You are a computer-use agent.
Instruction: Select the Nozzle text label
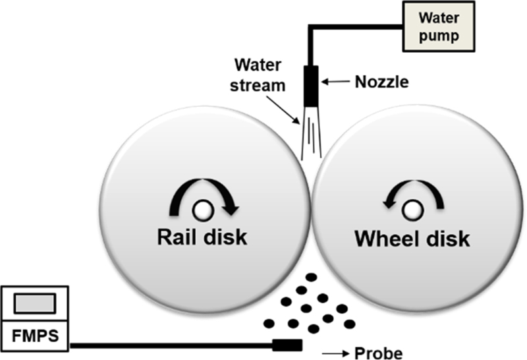(383, 82)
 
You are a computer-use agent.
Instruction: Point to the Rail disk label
(201, 237)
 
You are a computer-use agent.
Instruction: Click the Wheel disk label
(412, 239)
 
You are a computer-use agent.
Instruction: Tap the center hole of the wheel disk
(413, 210)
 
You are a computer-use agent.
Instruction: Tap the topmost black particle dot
(310, 278)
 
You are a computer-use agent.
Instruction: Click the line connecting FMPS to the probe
(171, 344)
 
